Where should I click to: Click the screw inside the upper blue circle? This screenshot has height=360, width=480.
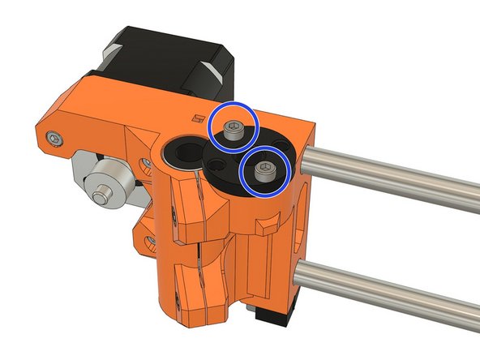(x=232, y=131)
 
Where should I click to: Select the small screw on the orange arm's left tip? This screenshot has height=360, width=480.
(x=53, y=139)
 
